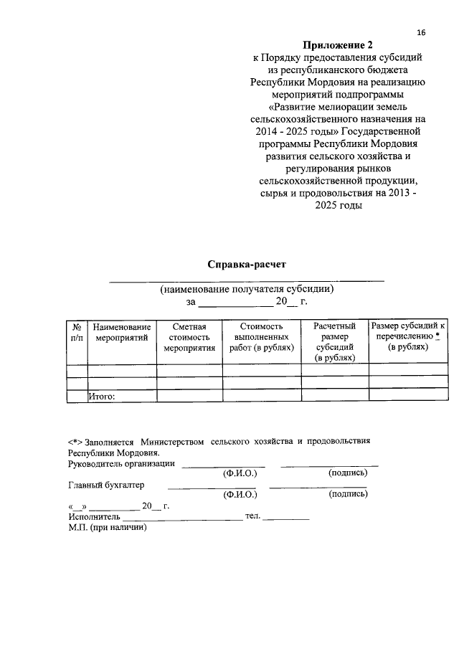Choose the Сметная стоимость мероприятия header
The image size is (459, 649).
tap(189, 336)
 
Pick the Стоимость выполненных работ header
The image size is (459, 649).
tap(262, 336)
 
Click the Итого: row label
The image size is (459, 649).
tap(102, 394)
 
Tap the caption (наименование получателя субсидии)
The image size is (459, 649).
tap(247, 290)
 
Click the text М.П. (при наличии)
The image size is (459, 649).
tap(107, 527)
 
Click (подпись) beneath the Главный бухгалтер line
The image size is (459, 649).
tap(348, 494)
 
